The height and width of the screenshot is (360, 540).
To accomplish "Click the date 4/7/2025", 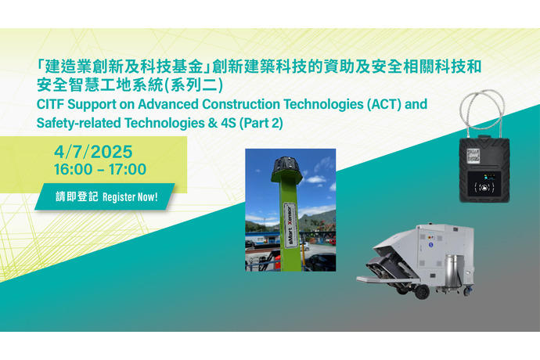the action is point(93,152).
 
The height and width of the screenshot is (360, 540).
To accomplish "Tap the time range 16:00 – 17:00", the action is point(100,169).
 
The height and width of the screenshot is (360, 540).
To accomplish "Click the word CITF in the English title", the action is point(50,104).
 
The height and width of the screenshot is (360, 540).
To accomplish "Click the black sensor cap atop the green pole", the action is point(287,167).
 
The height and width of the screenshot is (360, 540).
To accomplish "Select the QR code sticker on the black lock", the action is point(473,156).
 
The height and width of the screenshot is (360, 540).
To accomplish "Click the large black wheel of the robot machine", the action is point(422,291).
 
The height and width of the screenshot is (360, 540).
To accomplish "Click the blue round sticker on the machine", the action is point(430,245).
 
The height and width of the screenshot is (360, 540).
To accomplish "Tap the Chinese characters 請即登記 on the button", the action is point(77,196).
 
